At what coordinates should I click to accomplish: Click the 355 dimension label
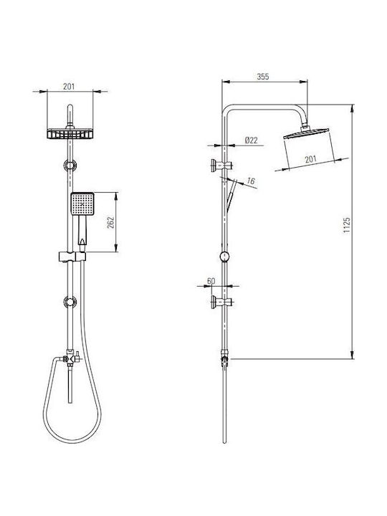click(x=263, y=77)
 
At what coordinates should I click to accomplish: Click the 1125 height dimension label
click(x=347, y=225)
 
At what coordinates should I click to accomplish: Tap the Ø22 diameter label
click(x=252, y=140)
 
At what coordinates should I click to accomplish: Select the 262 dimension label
click(x=110, y=222)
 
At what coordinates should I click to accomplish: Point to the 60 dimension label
click(x=211, y=281)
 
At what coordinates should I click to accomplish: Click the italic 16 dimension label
click(x=251, y=181)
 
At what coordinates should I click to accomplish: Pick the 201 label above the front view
click(x=69, y=87)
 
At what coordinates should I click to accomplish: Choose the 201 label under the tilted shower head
click(x=310, y=159)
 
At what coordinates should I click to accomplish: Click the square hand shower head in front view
click(x=82, y=204)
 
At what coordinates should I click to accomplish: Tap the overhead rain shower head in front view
click(x=70, y=133)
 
